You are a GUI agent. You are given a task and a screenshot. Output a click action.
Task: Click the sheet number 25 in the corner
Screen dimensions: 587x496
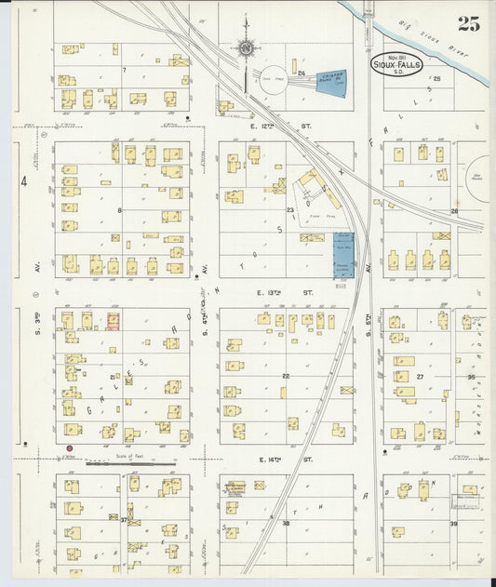(x=468, y=25)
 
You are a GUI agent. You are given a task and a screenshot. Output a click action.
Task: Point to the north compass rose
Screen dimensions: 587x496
(x=246, y=47)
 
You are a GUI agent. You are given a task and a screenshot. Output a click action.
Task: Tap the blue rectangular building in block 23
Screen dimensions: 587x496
(x=343, y=255)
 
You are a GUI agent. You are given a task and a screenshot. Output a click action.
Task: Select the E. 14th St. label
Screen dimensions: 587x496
(x=273, y=460)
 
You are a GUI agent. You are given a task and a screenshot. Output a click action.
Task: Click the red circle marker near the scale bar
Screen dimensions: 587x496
(x=69, y=450)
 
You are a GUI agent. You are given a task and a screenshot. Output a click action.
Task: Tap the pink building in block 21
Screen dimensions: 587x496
(x=113, y=322)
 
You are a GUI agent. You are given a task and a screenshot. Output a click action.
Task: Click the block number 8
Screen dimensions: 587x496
(x=119, y=211)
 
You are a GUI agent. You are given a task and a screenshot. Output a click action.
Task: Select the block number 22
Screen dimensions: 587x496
(x=286, y=376)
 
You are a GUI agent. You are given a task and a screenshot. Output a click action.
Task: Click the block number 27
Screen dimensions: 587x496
(x=420, y=377)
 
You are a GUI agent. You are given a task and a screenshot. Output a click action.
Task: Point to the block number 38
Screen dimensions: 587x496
(x=286, y=524)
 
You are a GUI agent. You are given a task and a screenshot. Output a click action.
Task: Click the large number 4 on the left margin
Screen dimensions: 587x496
(x=24, y=182)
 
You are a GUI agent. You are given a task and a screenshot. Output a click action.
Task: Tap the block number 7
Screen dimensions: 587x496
(x=123, y=70)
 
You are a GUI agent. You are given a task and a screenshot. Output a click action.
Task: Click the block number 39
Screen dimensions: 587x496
(x=453, y=524)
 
